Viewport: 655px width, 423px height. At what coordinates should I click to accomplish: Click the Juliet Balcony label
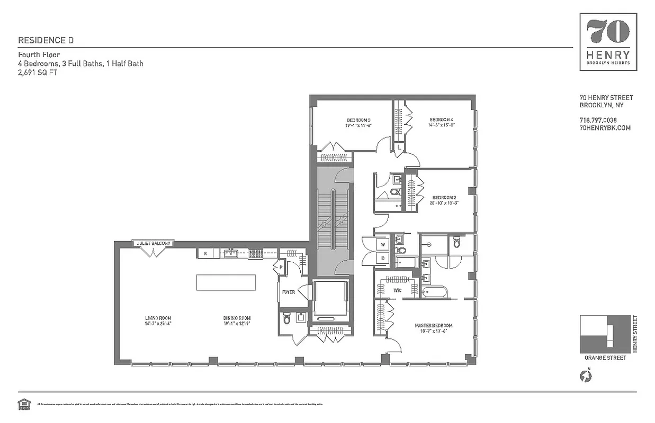pyautogui.click(x=154, y=244)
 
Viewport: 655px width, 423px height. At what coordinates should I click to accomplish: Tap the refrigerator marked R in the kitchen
pyautogui.click(x=204, y=254)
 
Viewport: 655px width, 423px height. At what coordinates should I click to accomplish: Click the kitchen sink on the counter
pyautogui.click(x=230, y=254)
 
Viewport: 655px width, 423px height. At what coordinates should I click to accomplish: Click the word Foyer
pyautogui.click(x=288, y=292)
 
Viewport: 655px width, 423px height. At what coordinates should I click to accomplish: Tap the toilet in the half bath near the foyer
pyautogui.click(x=286, y=319)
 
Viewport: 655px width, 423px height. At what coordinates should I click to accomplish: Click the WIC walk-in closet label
pyautogui.click(x=398, y=290)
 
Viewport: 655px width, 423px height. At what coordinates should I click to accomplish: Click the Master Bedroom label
pyautogui.click(x=433, y=326)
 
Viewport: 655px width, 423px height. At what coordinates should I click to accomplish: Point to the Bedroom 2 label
pyautogui.click(x=444, y=198)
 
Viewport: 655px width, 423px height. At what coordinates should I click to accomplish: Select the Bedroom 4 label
pyautogui.click(x=442, y=119)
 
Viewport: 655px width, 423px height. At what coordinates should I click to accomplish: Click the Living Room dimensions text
pyautogui.click(x=158, y=323)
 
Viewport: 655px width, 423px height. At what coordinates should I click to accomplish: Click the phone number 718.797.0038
pyautogui.click(x=598, y=120)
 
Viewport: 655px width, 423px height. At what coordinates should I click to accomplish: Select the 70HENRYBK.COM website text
pyautogui.click(x=605, y=128)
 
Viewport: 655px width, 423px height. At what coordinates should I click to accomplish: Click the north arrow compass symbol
pyautogui.click(x=586, y=376)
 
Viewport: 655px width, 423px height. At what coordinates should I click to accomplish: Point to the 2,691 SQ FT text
pyautogui.click(x=38, y=73)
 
